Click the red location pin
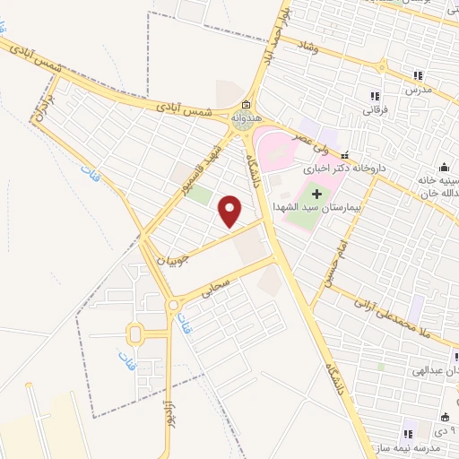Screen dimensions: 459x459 [x=231, y=212]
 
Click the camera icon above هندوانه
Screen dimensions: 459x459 [x=246, y=104]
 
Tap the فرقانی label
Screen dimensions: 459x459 [x=374, y=110]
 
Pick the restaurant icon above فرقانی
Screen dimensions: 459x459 [x=375, y=96]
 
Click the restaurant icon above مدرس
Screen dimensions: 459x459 [x=418, y=75]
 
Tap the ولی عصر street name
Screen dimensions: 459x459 [x=303, y=139]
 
